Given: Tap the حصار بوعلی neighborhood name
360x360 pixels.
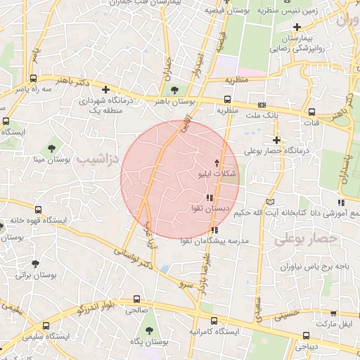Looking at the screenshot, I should pos(306,239).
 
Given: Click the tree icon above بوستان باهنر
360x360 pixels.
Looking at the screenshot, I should pos(174,89).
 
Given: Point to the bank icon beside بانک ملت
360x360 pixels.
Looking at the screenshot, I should pos(262,104).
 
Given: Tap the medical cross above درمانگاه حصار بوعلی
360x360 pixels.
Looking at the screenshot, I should pos(277,139).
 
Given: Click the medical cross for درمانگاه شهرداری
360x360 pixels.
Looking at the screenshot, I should pos(105,89).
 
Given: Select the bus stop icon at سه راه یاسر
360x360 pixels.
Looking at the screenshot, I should pos(34,78).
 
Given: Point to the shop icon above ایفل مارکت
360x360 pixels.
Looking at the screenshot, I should pos(332,313).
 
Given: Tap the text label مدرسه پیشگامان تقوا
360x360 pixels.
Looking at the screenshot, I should pos(217,241).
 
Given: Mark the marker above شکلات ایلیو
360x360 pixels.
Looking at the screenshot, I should pos(216,162).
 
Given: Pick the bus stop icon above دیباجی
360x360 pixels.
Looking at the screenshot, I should pos(306,335).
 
